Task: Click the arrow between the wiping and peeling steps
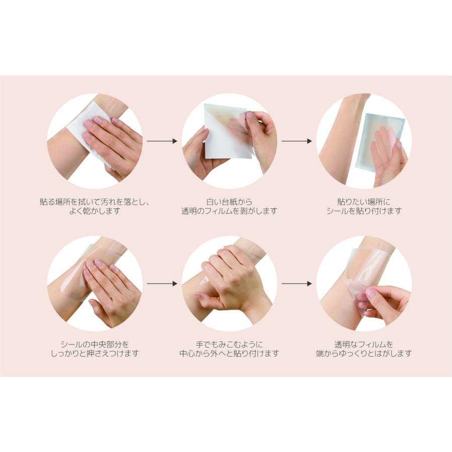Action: (162, 141)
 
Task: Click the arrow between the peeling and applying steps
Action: (296, 141)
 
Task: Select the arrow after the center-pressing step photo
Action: (162, 284)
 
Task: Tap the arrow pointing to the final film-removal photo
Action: (296, 284)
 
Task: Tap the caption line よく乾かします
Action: (94, 211)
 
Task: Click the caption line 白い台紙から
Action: (229, 202)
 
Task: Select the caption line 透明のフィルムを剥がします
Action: (229, 211)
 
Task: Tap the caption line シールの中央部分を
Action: (94, 345)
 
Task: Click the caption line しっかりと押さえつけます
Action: (94, 354)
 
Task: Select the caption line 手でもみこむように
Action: (229, 345)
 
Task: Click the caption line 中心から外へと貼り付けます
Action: (229, 354)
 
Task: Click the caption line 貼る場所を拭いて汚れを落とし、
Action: (94, 202)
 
